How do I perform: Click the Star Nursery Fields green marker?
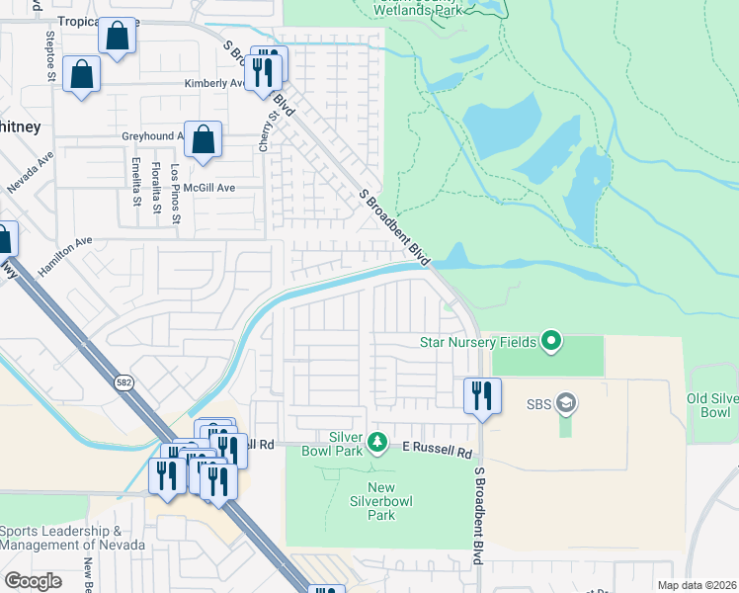click(x=551, y=342)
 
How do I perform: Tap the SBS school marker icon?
click(x=566, y=402)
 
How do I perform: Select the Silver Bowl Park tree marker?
click(x=375, y=442)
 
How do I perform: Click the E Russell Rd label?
click(x=437, y=449)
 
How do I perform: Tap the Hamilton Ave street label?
click(x=65, y=256)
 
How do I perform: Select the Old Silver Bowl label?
click(x=711, y=404)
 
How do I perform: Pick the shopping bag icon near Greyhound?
click(x=203, y=139)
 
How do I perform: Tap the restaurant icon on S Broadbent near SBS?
click(x=482, y=394)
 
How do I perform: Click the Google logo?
click(x=33, y=581)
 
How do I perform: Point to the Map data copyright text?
click(x=697, y=585)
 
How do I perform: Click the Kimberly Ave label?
click(x=213, y=83)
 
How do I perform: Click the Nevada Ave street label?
click(x=30, y=174)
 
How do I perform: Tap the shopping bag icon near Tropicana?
click(x=118, y=37)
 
